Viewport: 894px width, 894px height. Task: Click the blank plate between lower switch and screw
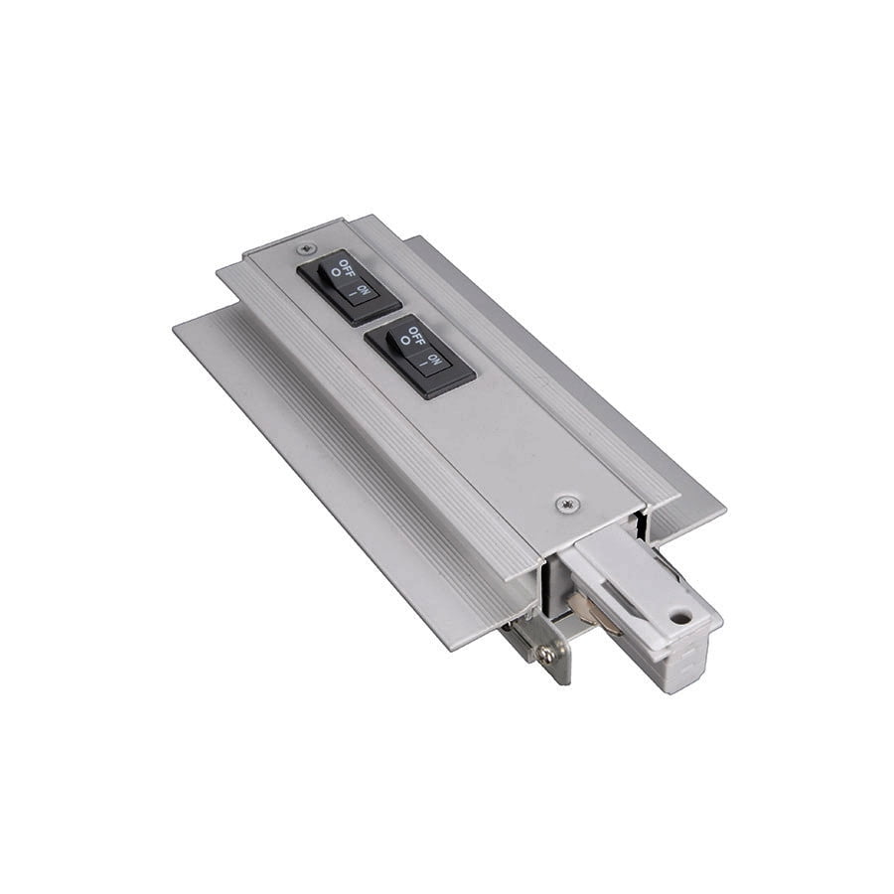[x=517, y=437]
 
